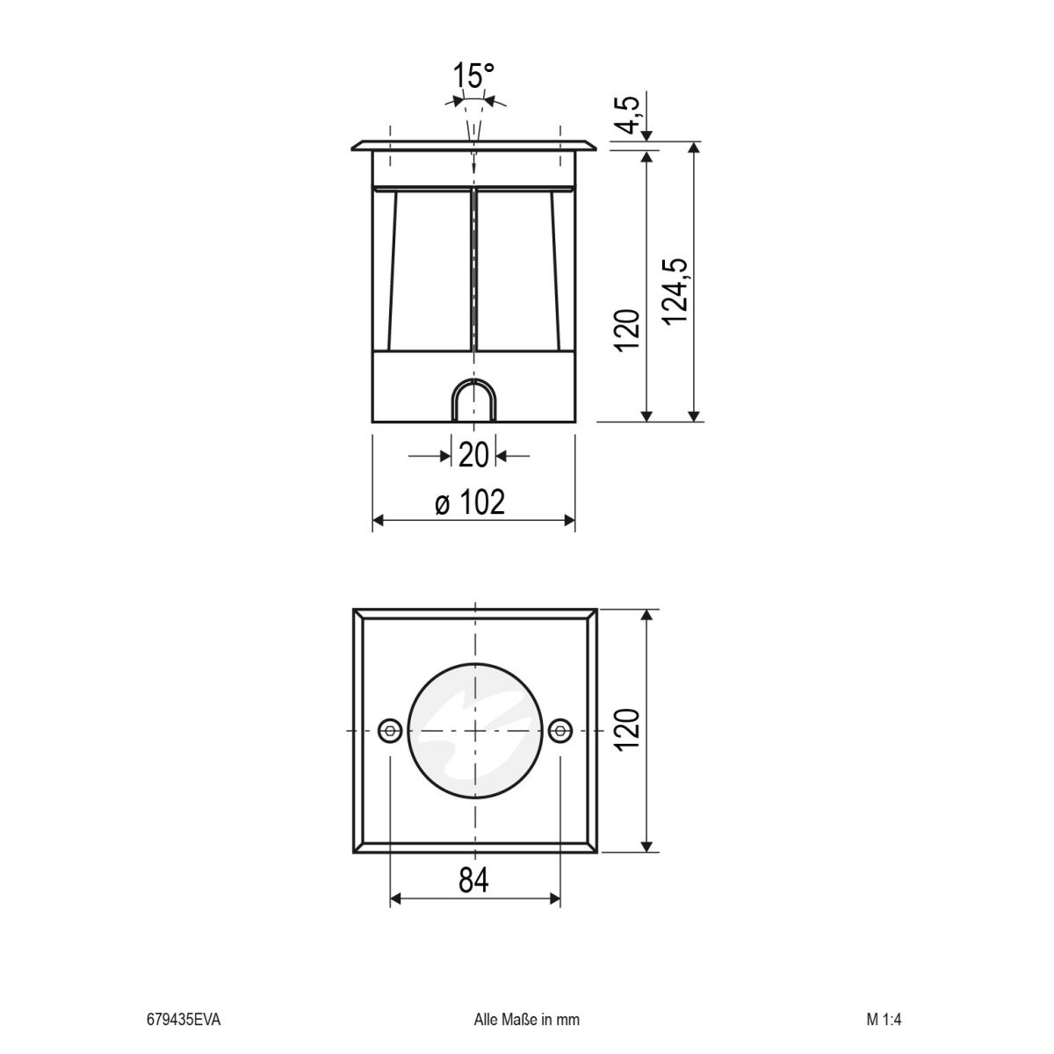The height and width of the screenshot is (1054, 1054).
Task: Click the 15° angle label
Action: coord(474,76)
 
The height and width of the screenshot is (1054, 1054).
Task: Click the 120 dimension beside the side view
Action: coord(627,330)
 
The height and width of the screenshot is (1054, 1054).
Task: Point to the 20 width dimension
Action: coord(473,455)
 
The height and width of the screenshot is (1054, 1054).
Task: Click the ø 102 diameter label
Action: coord(472,503)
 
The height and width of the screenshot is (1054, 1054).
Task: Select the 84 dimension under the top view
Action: coord(473,878)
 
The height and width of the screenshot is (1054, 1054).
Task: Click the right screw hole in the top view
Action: coord(559,731)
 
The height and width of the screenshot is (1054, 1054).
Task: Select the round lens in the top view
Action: coord(474,731)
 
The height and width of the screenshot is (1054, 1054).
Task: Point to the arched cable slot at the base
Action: coord(474,401)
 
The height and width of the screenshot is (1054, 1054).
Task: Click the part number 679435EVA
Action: coord(184,1021)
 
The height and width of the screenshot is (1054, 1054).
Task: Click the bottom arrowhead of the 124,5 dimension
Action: coord(695,415)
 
